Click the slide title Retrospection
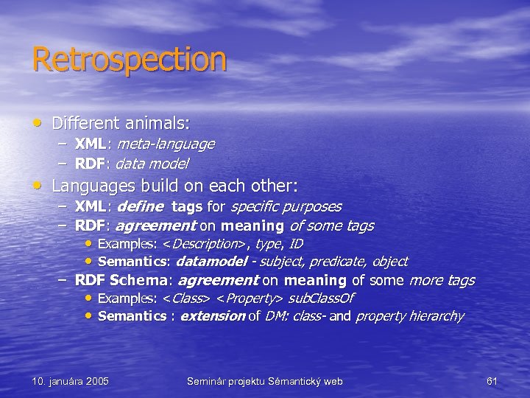tap(129, 60)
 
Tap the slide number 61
tap(492, 381)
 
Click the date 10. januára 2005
tap(70, 381)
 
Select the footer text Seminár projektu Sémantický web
tap(264, 381)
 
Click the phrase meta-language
tap(166, 144)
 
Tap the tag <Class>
tap(186, 298)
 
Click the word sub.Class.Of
tap(321, 298)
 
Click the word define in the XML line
tap(141, 207)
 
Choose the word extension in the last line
tap(212, 316)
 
